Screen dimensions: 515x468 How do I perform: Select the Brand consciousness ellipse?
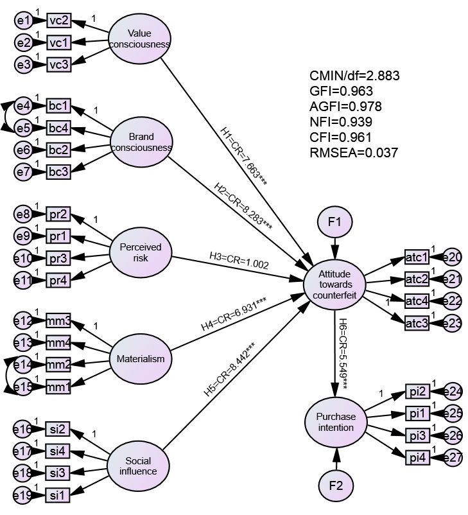[141, 142]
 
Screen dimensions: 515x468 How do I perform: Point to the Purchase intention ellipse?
[335, 422]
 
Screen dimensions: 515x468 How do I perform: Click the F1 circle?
[334, 223]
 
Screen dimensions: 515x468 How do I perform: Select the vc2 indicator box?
[58, 21]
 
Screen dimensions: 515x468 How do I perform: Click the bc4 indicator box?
[58, 128]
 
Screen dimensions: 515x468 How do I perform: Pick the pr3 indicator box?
[58, 257]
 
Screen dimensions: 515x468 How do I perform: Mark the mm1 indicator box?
[58, 387]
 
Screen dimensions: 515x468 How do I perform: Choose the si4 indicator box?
[58, 451]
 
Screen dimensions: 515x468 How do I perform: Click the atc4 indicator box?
[417, 301]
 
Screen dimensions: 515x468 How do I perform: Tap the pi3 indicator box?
[417, 435]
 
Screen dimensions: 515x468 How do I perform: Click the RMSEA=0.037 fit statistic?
[354, 153]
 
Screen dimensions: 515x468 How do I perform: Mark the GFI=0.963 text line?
[341, 91]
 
